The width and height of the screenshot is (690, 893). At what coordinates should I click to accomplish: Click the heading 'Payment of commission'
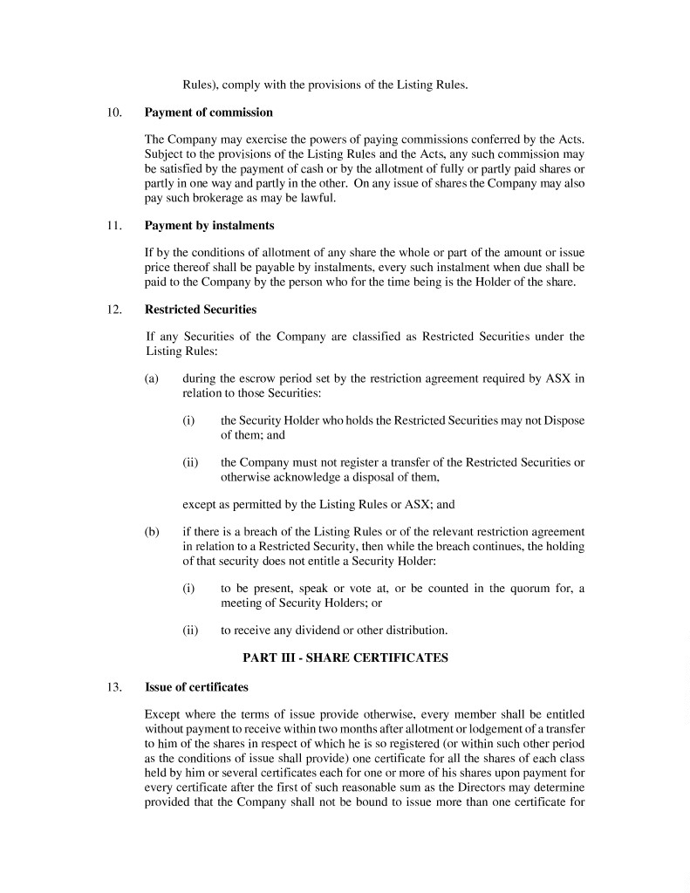pyautogui.click(x=208, y=112)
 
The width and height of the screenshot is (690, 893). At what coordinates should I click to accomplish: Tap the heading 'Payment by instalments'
pyautogui.click(x=209, y=225)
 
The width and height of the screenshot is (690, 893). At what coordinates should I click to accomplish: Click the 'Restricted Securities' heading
pyautogui.click(x=201, y=309)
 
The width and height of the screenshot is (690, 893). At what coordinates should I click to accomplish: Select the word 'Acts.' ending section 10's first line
pyautogui.click(x=570, y=140)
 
